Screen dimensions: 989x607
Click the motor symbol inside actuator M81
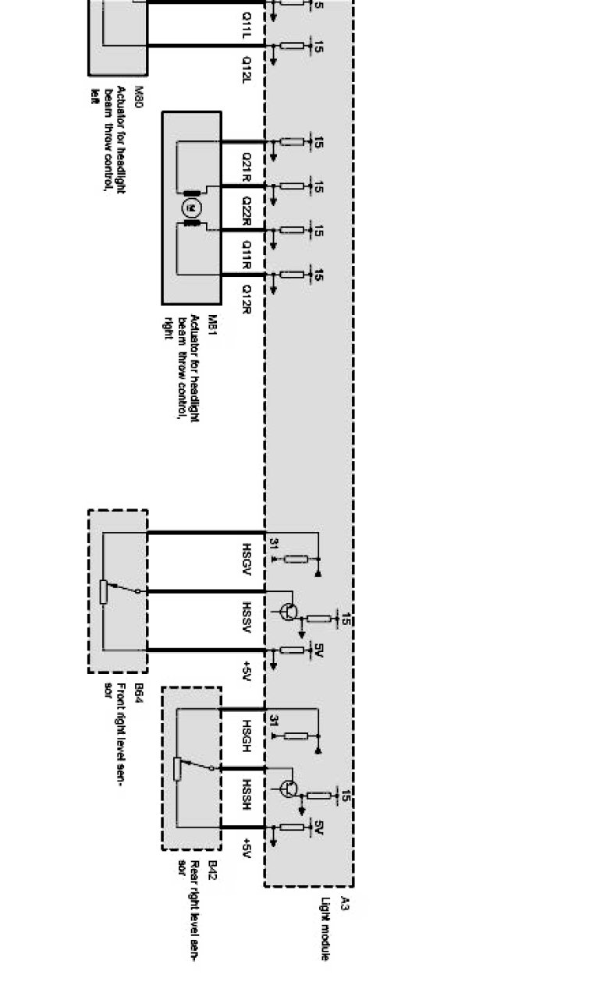(192, 208)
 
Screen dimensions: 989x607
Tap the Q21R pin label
(246, 165)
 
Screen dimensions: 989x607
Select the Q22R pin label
(246, 208)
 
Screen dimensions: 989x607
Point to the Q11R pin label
(246, 252)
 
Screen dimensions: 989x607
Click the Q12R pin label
(246, 297)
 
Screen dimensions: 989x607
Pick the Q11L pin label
(246, 23)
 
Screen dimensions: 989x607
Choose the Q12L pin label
(246, 69)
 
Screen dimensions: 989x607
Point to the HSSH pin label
(246, 792)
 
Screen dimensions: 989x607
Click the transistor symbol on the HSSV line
(289, 611)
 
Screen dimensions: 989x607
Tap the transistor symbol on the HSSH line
(289, 789)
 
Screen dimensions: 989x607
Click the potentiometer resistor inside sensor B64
(103, 592)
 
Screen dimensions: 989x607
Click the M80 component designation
(139, 97)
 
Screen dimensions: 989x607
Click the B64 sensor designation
(139, 693)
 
